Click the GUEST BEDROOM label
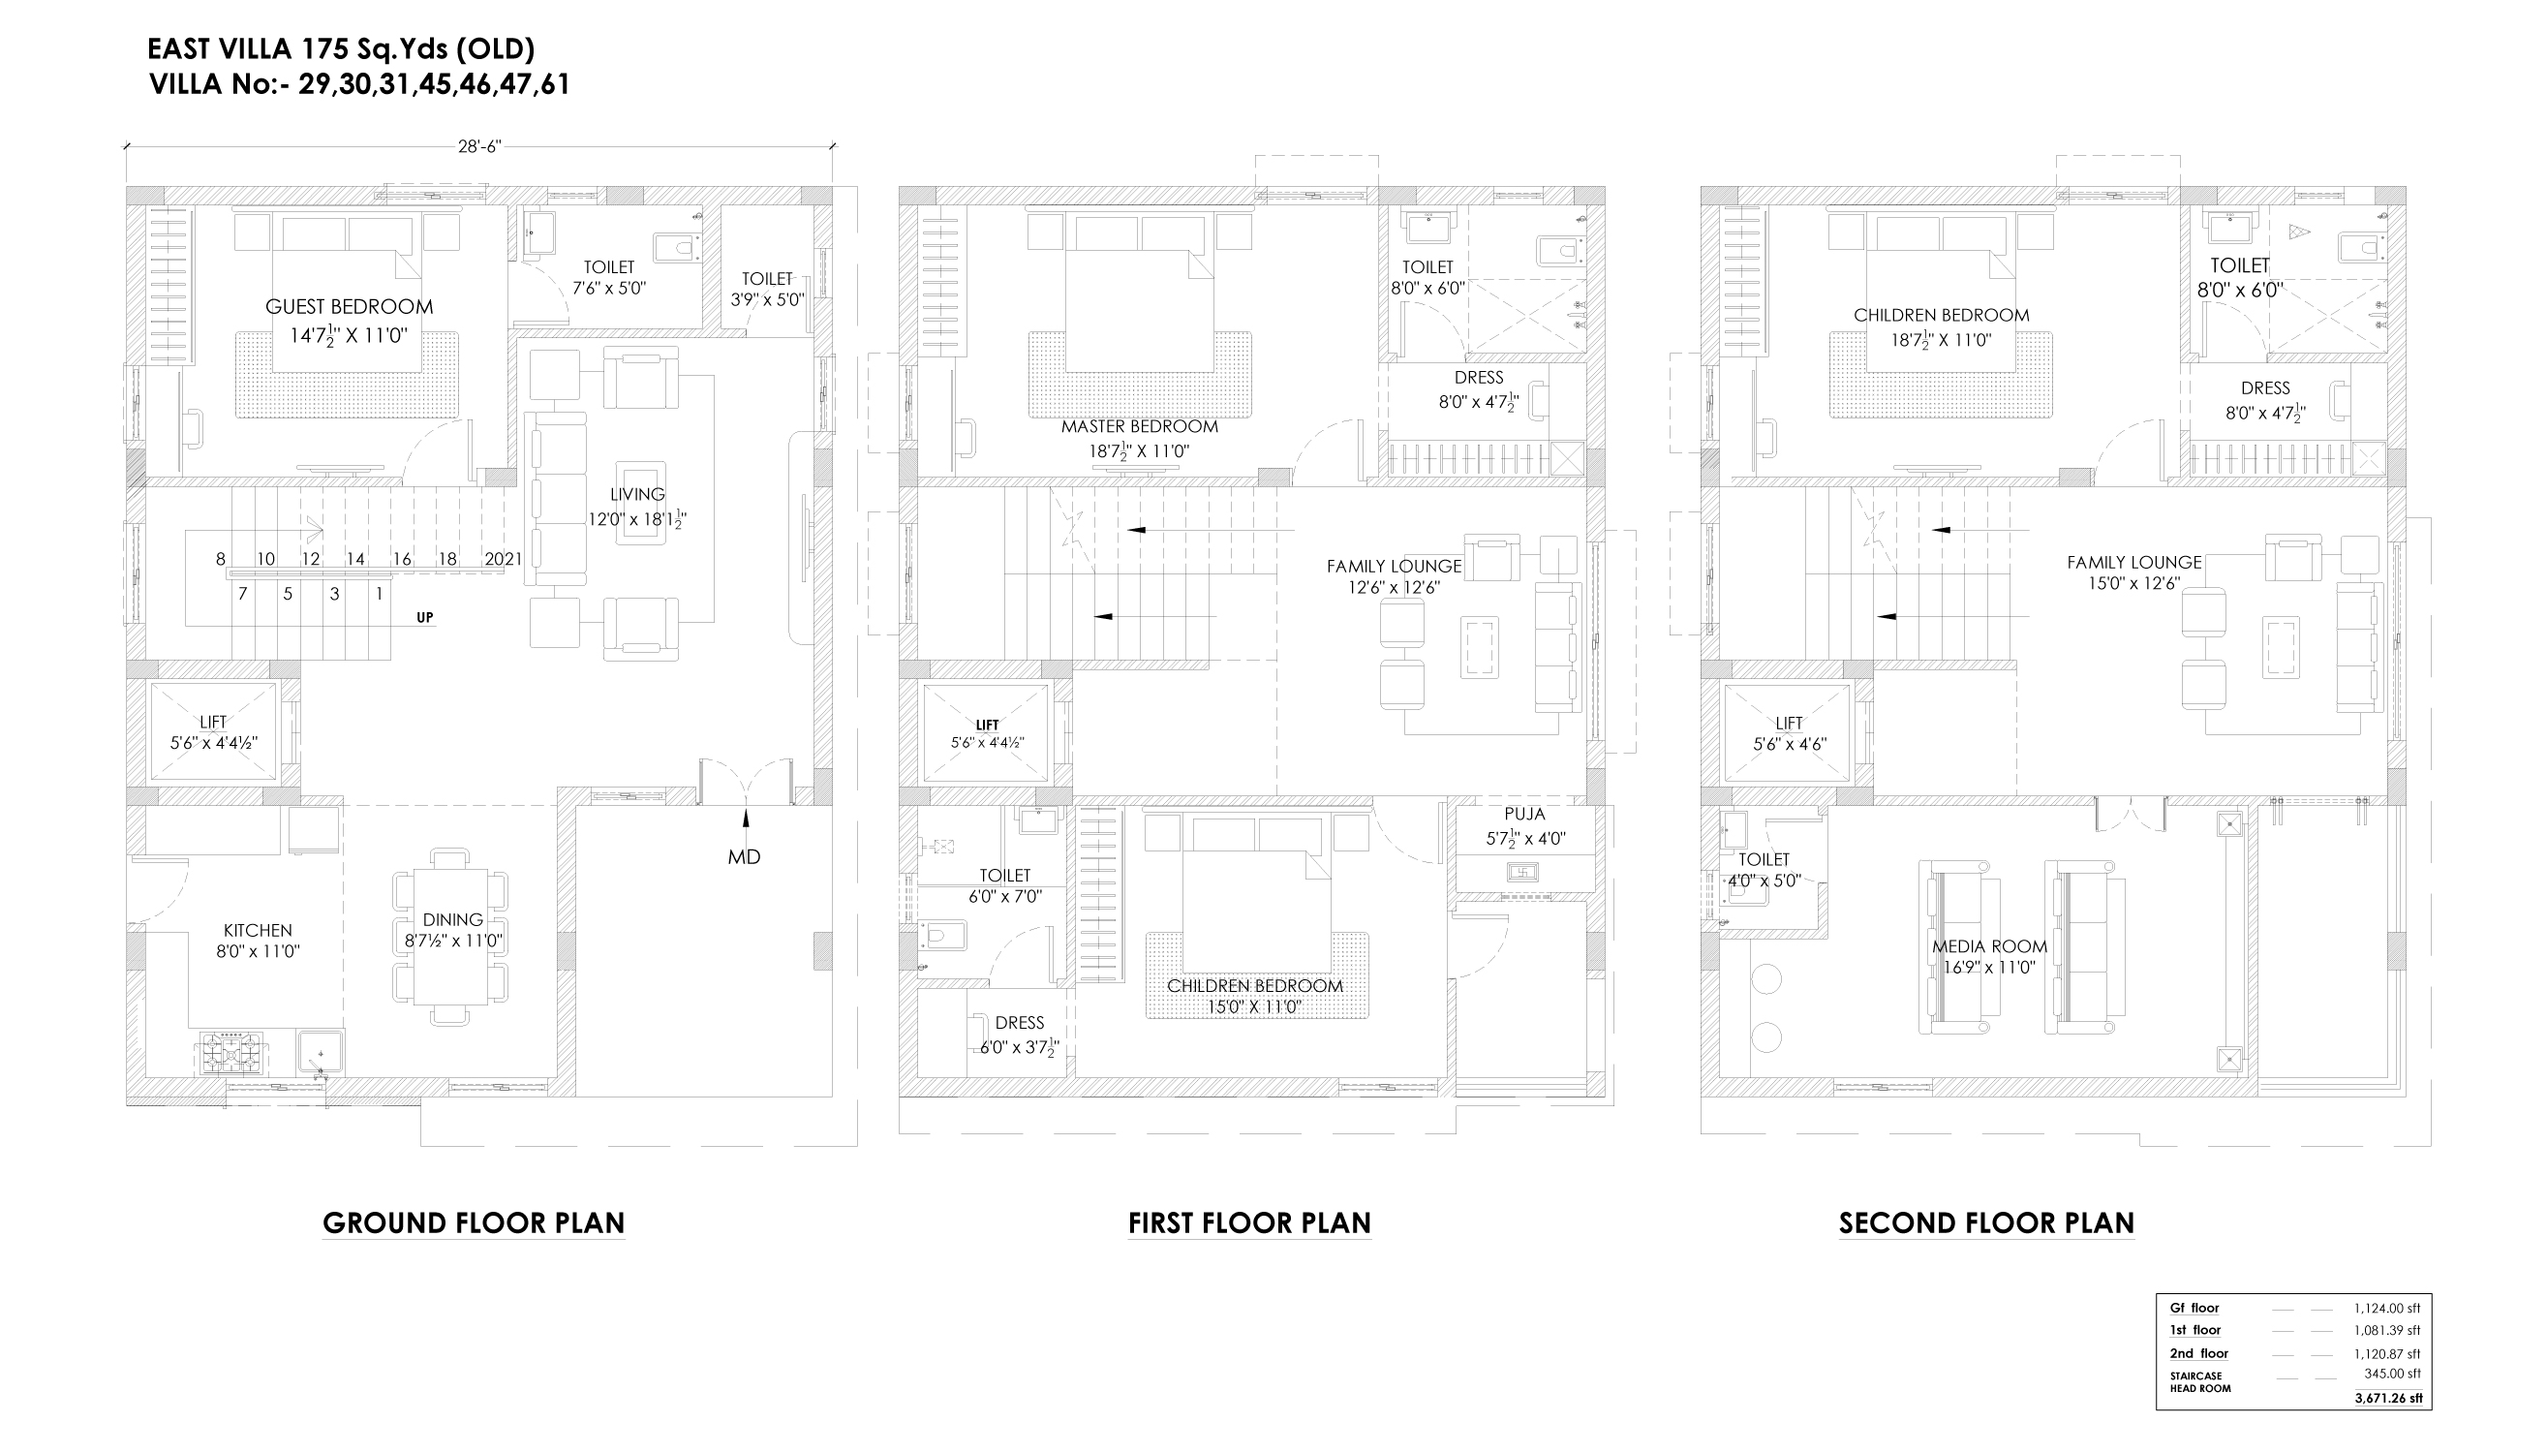350,306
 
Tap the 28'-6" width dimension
478,146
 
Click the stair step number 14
356,560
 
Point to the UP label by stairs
425,618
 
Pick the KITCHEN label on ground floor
258,930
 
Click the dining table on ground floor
451,937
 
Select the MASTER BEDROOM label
1139,426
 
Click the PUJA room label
1524,815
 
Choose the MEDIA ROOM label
1989,946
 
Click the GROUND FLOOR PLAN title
474,1222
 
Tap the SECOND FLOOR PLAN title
1986,1222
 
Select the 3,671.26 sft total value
2388,1398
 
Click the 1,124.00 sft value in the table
2387,1308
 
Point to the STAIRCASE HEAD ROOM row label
2200,1382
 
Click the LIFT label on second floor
1789,723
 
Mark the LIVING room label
637,494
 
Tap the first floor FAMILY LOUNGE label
1394,566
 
